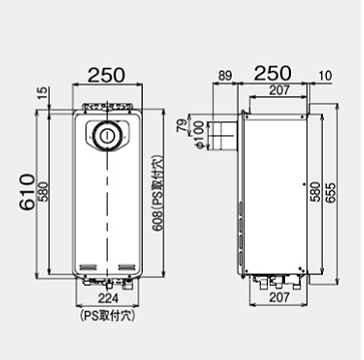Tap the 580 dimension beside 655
[319, 190]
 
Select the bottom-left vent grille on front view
[87, 265]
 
